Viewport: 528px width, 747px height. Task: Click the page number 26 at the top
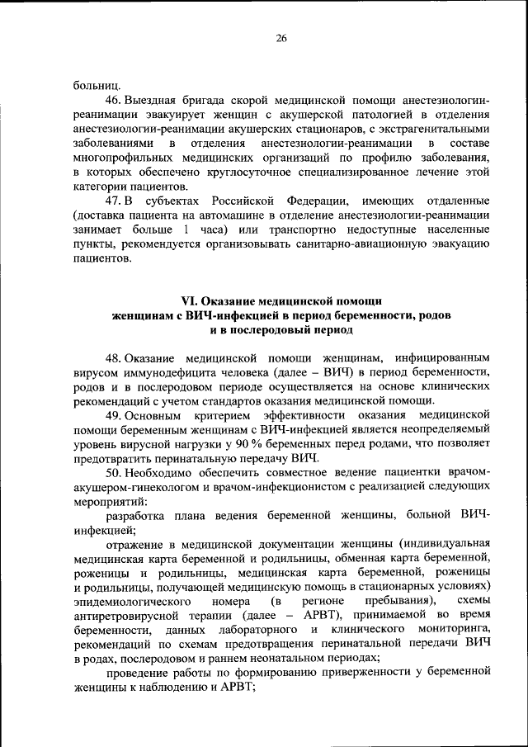(x=281, y=37)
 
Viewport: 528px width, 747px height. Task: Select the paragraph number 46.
(x=114, y=98)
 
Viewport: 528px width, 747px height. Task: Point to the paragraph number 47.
(x=114, y=201)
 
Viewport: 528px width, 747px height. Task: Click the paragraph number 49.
(x=114, y=415)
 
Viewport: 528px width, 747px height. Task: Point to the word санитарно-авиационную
(x=362, y=245)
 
